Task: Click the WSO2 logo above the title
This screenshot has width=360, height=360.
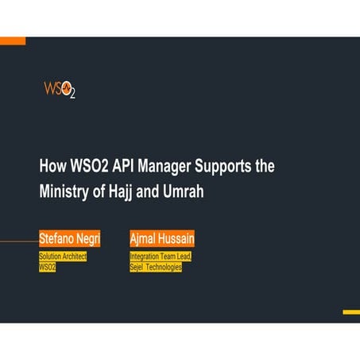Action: click(60, 88)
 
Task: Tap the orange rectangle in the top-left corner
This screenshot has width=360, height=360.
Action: click(13, 41)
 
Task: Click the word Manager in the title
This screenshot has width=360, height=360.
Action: click(169, 167)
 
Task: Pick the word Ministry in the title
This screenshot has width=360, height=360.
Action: click(64, 192)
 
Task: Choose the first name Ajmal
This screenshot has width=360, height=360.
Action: click(145, 238)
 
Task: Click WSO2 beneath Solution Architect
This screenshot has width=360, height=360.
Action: click(48, 268)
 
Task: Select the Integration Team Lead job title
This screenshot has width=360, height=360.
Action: click(161, 257)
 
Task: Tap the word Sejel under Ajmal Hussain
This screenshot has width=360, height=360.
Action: click(137, 268)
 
